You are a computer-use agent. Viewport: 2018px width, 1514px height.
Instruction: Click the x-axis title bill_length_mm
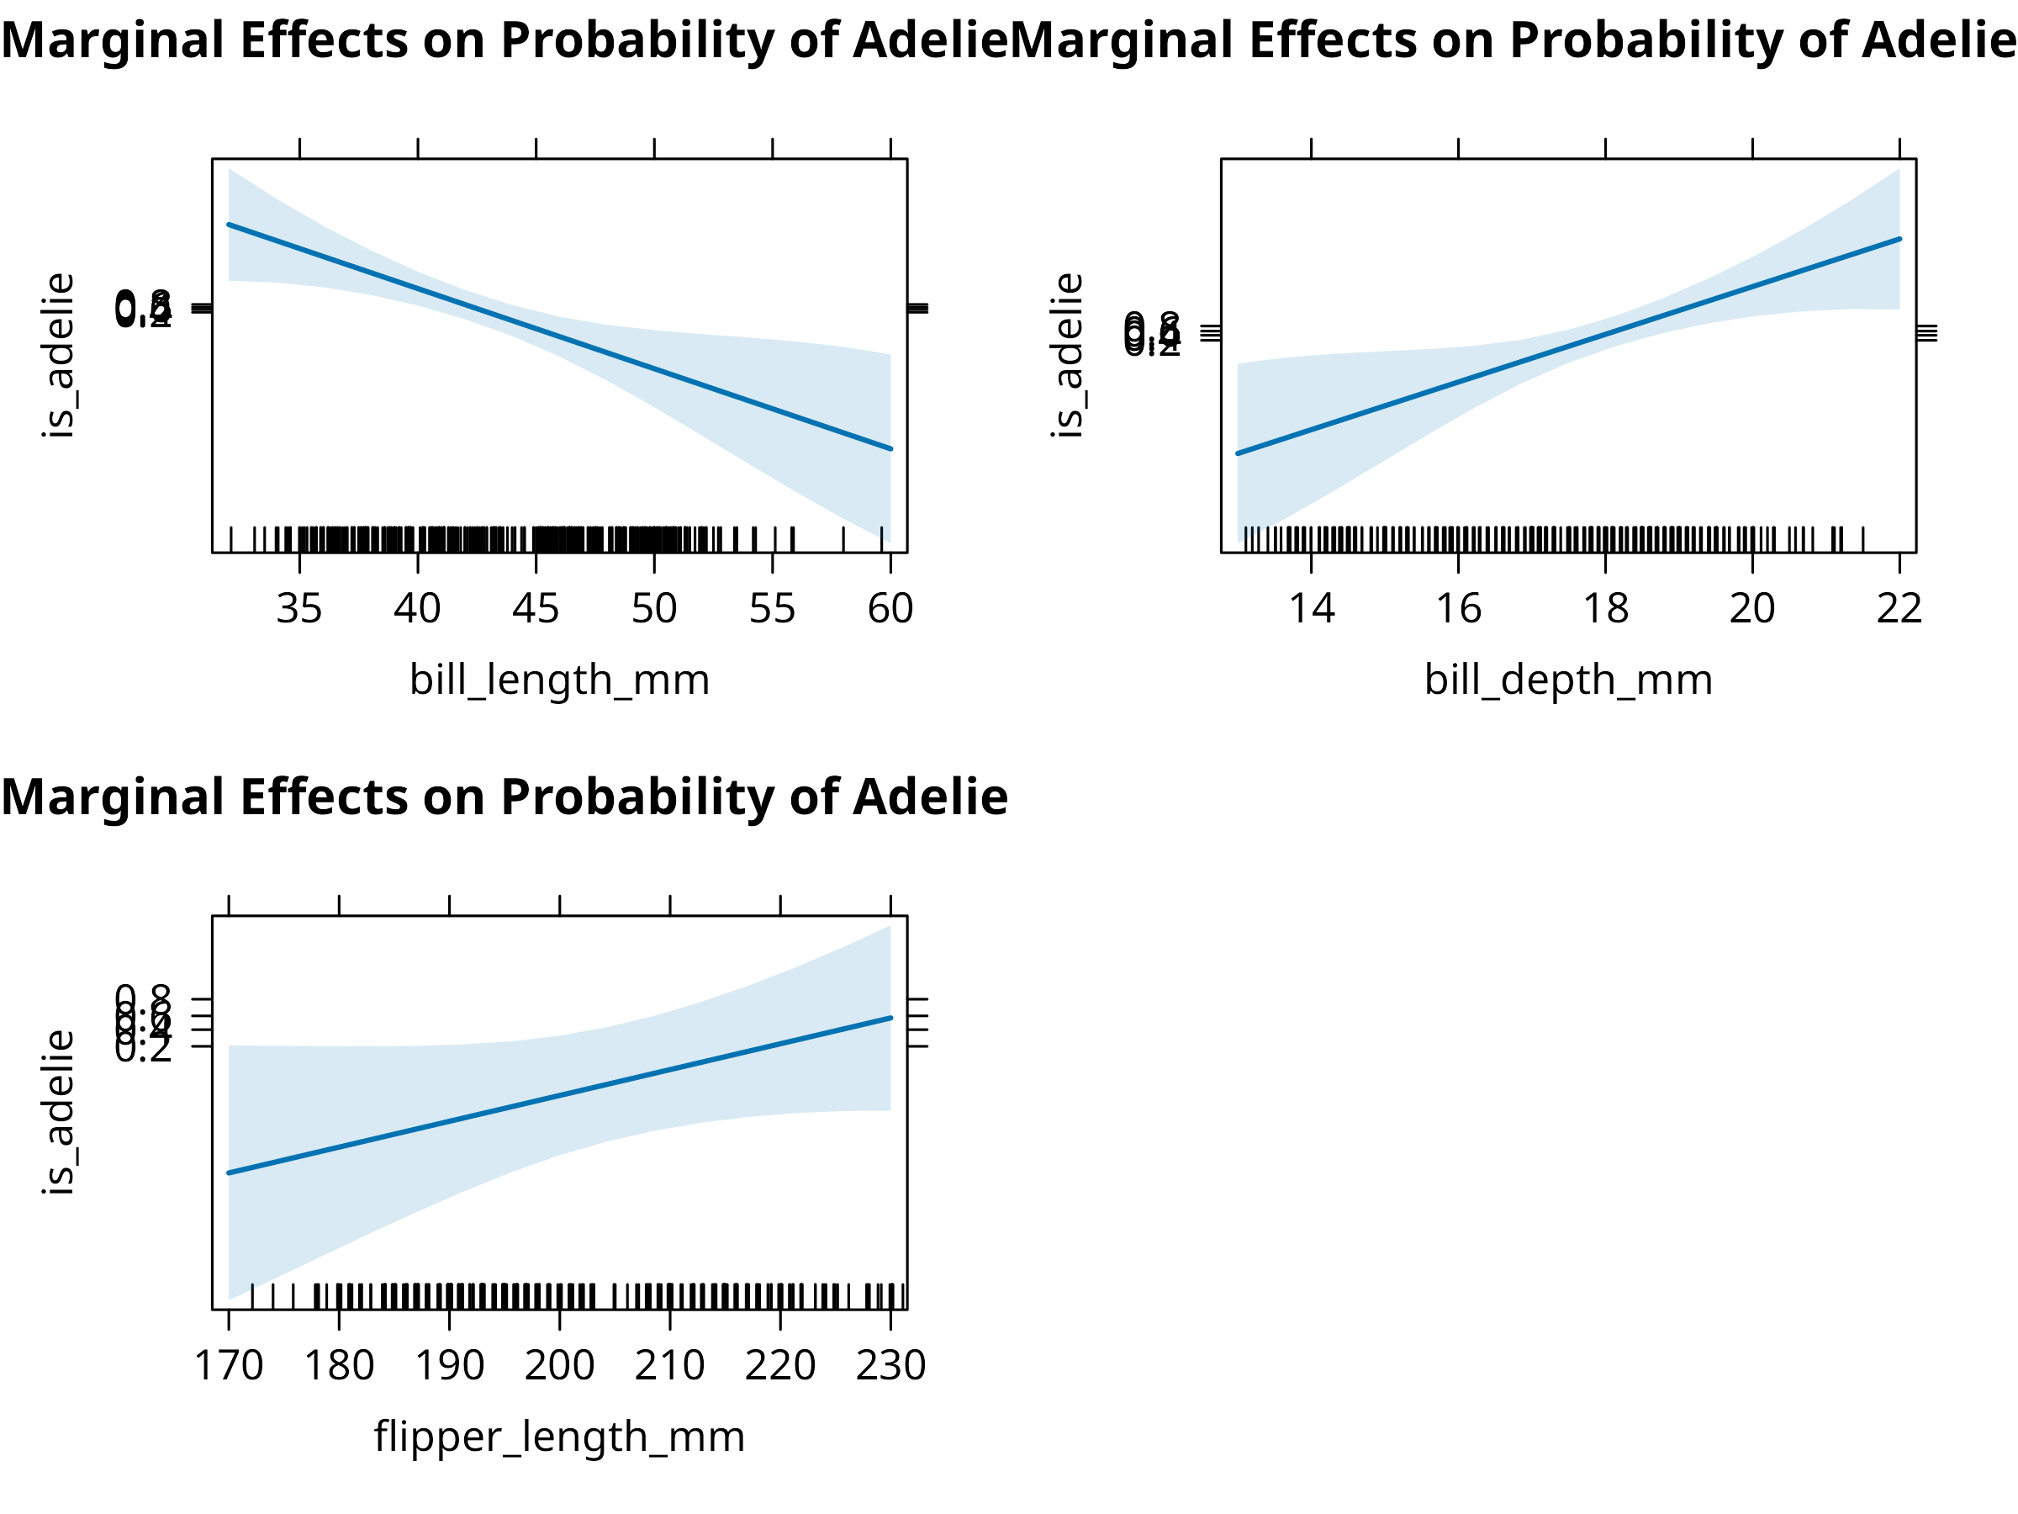[x=559, y=680]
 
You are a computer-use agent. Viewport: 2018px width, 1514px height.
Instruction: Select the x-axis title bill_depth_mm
[x=1568, y=680]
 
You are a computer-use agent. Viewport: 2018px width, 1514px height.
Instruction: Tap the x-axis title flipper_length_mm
[x=559, y=1437]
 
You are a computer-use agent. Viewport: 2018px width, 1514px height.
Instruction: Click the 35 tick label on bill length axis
[x=299, y=609]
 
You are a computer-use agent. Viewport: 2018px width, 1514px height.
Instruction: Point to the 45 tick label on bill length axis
[x=536, y=609]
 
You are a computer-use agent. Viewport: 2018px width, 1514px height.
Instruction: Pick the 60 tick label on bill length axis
[x=890, y=609]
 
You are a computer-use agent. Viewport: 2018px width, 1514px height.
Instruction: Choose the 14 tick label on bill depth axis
[x=1311, y=609]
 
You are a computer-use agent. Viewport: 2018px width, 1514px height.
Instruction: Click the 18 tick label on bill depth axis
[x=1606, y=609]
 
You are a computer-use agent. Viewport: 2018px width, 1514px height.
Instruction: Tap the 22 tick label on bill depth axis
[x=1899, y=609]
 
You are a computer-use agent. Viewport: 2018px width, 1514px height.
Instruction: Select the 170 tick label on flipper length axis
[x=229, y=1365]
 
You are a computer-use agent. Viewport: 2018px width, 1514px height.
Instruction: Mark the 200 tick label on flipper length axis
[x=559, y=1365]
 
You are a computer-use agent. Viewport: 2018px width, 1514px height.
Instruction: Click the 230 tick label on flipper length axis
[x=890, y=1365]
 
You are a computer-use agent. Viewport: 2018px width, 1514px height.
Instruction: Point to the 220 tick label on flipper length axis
[x=780, y=1365]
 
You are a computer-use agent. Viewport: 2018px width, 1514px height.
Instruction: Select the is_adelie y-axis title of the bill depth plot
[x=1067, y=356]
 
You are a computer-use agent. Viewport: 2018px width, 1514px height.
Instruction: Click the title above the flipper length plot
[x=504, y=797]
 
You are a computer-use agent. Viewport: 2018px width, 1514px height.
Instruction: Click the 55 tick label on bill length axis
[x=773, y=609]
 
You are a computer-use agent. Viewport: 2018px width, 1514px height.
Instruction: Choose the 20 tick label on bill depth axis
[x=1752, y=609]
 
